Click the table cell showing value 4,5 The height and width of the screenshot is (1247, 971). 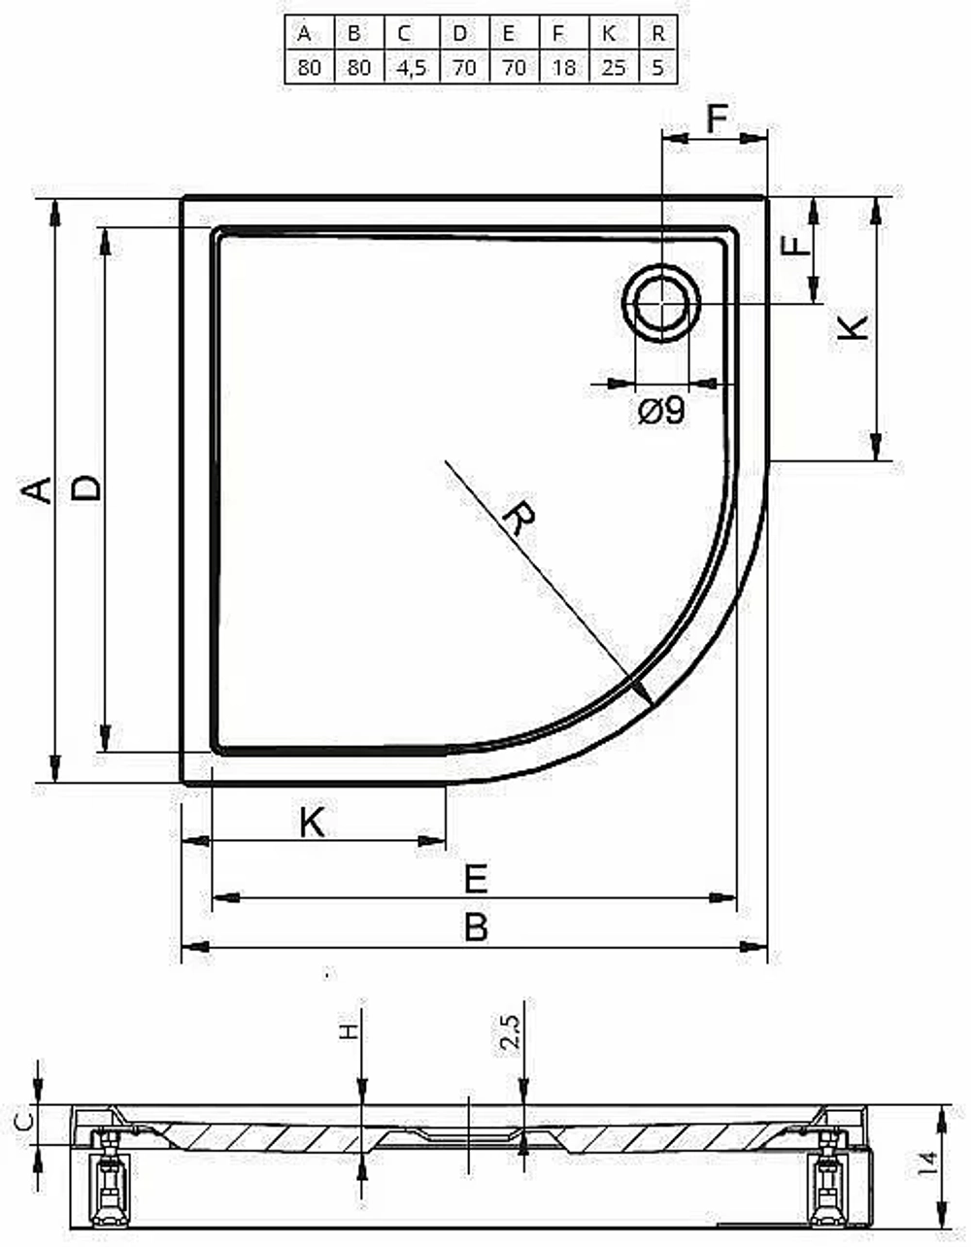412,67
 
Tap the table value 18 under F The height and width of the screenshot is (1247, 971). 564,67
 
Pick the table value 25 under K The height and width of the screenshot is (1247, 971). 614,67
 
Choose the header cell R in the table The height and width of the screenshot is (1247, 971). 657,33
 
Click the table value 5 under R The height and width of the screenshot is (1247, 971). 657,67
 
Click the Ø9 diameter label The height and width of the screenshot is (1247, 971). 661,411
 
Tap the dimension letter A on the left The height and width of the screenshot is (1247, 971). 36,490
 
